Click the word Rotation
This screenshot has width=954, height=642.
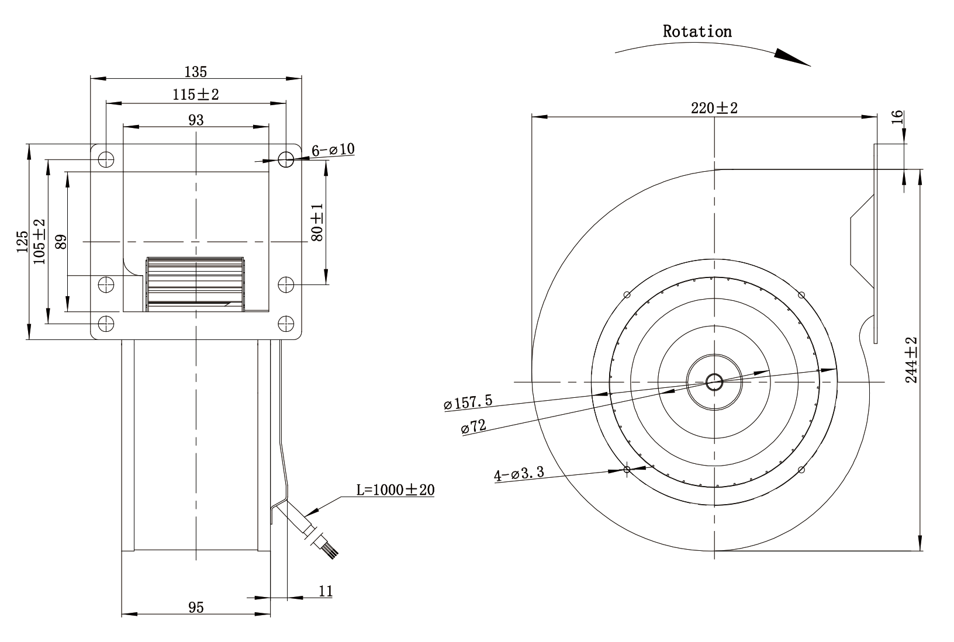pos(697,32)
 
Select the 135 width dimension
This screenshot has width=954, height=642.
pos(195,72)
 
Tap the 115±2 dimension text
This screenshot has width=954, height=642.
pos(195,95)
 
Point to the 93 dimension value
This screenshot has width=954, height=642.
pos(196,120)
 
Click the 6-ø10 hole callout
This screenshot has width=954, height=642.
pos(333,150)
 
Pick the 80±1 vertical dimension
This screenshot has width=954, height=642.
pos(317,223)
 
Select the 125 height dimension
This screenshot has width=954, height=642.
pos(22,242)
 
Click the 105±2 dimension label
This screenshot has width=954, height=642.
pos(39,242)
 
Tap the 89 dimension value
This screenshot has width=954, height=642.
pos(61,242)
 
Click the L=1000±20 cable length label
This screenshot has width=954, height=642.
pos(395,490)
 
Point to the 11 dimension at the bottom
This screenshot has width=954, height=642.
pos(326,591)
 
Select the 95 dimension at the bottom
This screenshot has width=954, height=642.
pos(196,608)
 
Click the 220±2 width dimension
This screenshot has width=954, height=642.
pos(714,108)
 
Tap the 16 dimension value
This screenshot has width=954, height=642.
pos(897,117)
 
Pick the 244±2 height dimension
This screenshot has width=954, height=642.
pos(911,360)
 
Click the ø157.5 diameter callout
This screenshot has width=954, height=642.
pos(468,402)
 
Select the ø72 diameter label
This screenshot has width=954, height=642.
pos(473,426)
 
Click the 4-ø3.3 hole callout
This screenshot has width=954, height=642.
pos(519,473)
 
